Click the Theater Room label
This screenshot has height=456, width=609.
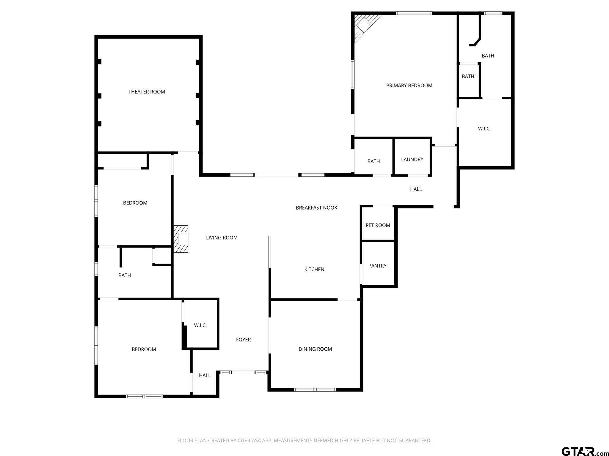pyautogui.click(x=147, y=92)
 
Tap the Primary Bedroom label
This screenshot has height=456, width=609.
pyautogui.click(x=409, y=85)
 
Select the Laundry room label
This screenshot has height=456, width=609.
pyautogui.click(x=412, y=159)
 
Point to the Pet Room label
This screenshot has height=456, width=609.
pyautogui.click(x=378, y=225)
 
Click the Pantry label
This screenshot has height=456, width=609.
pyautogui.click(x=377, y=266)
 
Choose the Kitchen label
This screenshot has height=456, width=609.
pyautogui.click(x=314, y=269)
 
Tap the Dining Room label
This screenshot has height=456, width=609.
pyautogui.click(x=315, y=349)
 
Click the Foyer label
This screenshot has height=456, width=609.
pyautogui.click(x=244, y=340)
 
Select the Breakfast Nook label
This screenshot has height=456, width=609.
pyautogui.click(x=316, y=208)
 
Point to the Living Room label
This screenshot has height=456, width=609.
pyautogui.click(x=222, y=237)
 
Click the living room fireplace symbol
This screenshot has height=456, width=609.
pyautogui.click(x=181, y=239)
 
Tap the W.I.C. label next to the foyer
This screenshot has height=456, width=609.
pyautogui.click(x=200, y=325)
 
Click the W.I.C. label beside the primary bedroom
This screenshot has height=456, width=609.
pyautogui.click(x=484, y=129)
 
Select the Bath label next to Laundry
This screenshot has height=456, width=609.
pyautogui.click(x=373, y=161)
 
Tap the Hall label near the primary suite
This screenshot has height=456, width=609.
pyautogui.click(x=416, y=189)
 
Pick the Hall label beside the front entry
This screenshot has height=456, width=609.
pyautogui.click(x=205, y=376)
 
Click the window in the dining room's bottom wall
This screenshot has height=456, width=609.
pyautogui.click(x=315, y=390)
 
